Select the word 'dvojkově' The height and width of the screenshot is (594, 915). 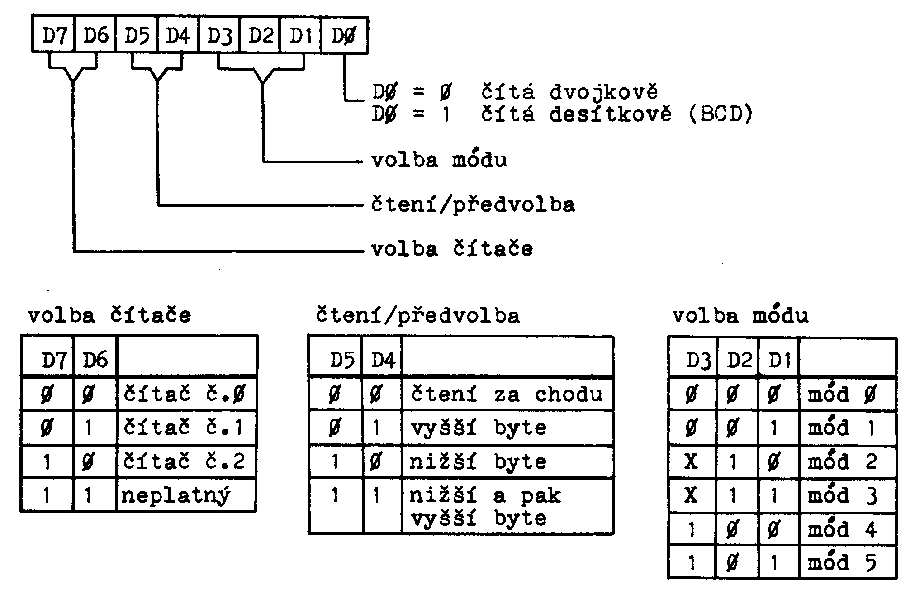[603, 92]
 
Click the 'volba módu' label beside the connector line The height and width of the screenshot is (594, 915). [439, 160]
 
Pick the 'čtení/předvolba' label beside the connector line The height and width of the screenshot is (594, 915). [473, 205]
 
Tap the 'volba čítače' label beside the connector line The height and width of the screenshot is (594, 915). [452, 249]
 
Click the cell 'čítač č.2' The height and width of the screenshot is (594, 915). [185, 461]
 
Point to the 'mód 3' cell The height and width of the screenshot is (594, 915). [842, 496]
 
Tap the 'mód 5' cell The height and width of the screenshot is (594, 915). [842, 563]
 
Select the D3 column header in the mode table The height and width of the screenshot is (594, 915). [698, 361]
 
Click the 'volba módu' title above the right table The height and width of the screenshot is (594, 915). [740, 315]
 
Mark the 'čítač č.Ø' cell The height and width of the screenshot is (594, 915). [185, 394]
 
